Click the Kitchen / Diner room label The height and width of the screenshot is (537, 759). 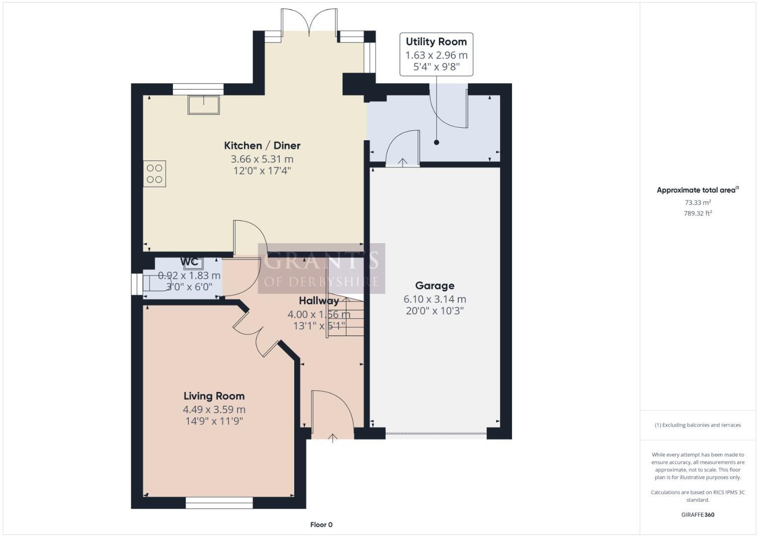pos(262,146)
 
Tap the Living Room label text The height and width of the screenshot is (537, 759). pos(214,396)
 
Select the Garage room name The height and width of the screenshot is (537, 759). pos(434,286)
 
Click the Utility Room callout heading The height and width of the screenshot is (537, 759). pos(436,42)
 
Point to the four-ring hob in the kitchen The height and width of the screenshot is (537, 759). pos(155,174)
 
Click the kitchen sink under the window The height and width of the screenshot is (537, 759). pos(203,105)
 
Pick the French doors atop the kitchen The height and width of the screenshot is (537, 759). pos(310,22)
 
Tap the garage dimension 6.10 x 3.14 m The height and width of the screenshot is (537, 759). pos(434,299)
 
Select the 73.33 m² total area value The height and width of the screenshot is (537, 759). pos(697,202)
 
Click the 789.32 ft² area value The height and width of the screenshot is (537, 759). pos(697,213)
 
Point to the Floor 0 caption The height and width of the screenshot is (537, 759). pos(321,525)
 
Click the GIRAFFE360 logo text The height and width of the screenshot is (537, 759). pos(697,515)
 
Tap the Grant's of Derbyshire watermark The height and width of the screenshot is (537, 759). pos(321,268)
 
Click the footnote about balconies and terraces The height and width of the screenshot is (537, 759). pos(697,425)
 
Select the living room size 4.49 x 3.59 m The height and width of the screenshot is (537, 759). pos(214,410)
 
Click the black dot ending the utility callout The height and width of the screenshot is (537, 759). pos(436,143)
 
